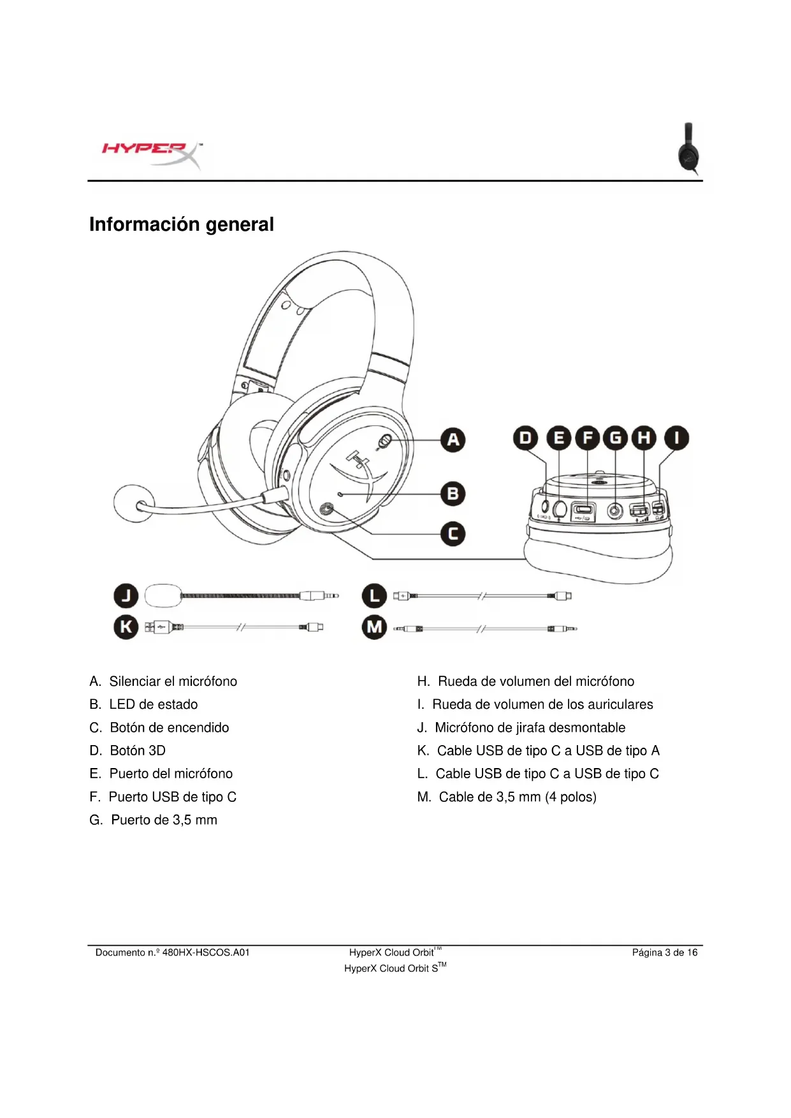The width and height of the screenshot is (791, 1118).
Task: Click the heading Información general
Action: coord(182,224)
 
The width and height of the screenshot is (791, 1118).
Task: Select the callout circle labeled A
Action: coord(453,440)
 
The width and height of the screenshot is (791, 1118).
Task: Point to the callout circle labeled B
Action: coord(453,493)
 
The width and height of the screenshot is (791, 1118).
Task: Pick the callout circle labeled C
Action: coord(453,534)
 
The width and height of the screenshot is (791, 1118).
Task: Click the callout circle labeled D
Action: coord(525,439)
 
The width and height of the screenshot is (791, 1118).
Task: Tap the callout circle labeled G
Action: coord(616,439)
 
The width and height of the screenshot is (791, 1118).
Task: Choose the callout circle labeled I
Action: coord(676,439)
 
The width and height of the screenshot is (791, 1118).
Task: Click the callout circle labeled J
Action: coord(126,596)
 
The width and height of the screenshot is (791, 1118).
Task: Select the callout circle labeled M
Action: coord(374,628)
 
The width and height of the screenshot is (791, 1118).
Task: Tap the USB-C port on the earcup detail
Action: coord(583,509)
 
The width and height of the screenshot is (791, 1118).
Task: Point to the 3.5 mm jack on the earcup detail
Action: coord(614,510)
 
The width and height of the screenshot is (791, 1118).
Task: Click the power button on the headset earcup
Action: coord(328,509)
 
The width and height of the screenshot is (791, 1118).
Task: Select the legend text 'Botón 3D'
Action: coord(138,750)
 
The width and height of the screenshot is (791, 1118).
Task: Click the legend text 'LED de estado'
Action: coord(153,704)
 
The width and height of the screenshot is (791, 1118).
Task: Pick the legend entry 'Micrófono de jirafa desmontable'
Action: coord(530,727)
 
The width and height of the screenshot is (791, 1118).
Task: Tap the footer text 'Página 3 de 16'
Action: coord(664,952)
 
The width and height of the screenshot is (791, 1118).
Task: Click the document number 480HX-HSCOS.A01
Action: coord(205,952)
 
